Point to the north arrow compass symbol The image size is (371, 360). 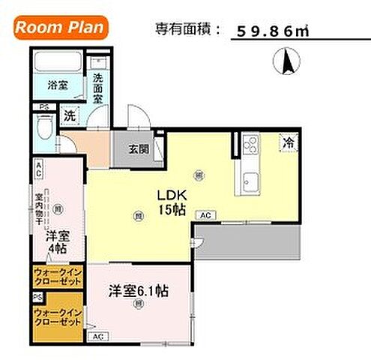(x=287, y=61)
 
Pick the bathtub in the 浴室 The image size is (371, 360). (x=58, y=62)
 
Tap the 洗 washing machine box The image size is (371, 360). (x=69, y=116)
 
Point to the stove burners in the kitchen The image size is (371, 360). (x=249, y=144)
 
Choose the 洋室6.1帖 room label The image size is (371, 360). (x=138, y=289)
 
